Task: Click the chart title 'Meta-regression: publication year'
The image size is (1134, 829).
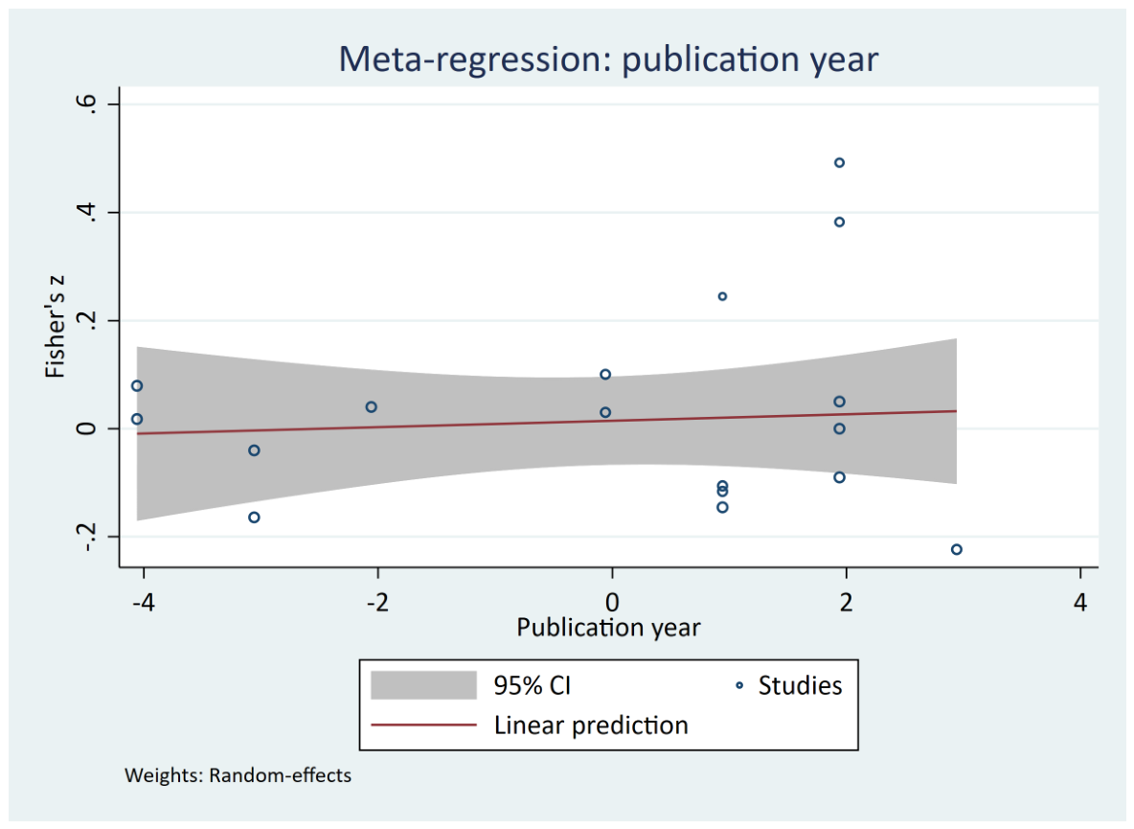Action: coord(608,59)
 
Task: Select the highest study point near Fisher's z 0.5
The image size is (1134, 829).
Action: coord(839,163)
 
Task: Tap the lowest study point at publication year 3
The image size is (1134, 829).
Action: coord(956,550)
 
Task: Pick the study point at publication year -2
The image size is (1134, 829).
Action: coord(371,407)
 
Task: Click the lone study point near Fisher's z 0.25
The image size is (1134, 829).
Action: coord(722,296)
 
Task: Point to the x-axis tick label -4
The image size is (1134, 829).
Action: coord(144,602)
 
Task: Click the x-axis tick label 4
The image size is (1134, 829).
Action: coord(1079,602)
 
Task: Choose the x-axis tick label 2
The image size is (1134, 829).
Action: coord(846,602)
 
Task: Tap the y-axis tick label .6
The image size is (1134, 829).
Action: coord(86,103)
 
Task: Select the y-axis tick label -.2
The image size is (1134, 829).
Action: coord(86,536)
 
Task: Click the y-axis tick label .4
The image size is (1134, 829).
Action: coord(86,212)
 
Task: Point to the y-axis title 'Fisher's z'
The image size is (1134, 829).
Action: coord(55,326)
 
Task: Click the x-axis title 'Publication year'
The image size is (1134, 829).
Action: coord(608,627)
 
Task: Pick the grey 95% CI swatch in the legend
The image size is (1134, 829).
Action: coord(423,685)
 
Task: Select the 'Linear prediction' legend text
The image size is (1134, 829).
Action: coord(591,725)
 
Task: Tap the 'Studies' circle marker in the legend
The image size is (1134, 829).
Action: coord(739,685)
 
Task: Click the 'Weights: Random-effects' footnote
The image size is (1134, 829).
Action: coord(238,775)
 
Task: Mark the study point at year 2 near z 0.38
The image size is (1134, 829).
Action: coord(839,222)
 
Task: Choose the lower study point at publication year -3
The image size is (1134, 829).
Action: coord(254,518)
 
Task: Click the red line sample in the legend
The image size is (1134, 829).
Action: coord(423,725)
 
